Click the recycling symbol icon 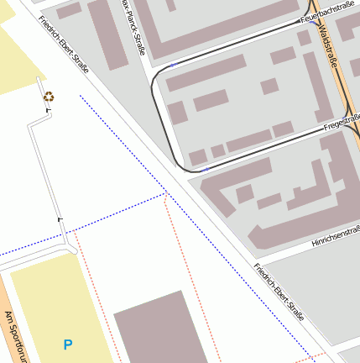click(50, 97)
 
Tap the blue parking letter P click(68, 345)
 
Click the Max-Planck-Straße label click(133, 27)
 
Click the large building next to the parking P click(159, 332)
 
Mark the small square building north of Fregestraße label click(269, 86)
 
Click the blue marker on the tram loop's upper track click(173, 65)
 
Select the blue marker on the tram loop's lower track click(206, 170)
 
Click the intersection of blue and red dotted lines click(165, 194)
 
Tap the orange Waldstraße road click(336, 67)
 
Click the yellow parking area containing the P click(50, 302)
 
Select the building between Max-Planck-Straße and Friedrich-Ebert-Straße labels click(107, 34)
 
